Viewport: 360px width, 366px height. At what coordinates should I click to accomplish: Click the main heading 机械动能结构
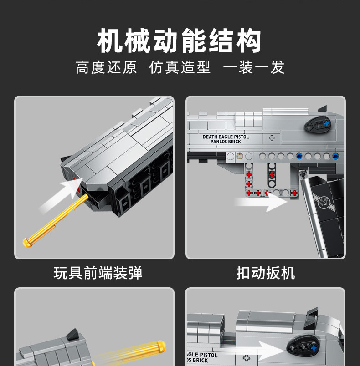click(x=180, y=41)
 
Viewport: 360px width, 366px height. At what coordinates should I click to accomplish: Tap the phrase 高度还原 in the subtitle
click(x=106, y=67)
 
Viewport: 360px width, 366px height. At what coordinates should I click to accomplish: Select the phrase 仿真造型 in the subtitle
click(x=180, y=67)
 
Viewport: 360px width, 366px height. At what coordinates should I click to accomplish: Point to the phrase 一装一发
click(x=254, y=67)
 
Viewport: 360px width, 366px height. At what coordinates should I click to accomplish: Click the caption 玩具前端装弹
click(x=98, y=273)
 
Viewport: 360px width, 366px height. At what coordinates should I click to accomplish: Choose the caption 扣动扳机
click(x=266, y=273)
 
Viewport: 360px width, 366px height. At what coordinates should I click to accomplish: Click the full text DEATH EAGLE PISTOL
click(x=226, y=137)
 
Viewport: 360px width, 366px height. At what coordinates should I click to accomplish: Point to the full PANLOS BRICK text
click(x=226, y=142)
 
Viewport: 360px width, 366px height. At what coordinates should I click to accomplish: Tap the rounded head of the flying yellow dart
click(x=160, y=346)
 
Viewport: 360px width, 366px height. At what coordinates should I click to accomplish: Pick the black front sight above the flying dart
click(x=73, y=335)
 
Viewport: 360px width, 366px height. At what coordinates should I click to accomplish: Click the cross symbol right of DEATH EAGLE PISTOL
click(x=272, y=138)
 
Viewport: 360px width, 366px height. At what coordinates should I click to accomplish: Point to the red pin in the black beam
click(x=272, y=175)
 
